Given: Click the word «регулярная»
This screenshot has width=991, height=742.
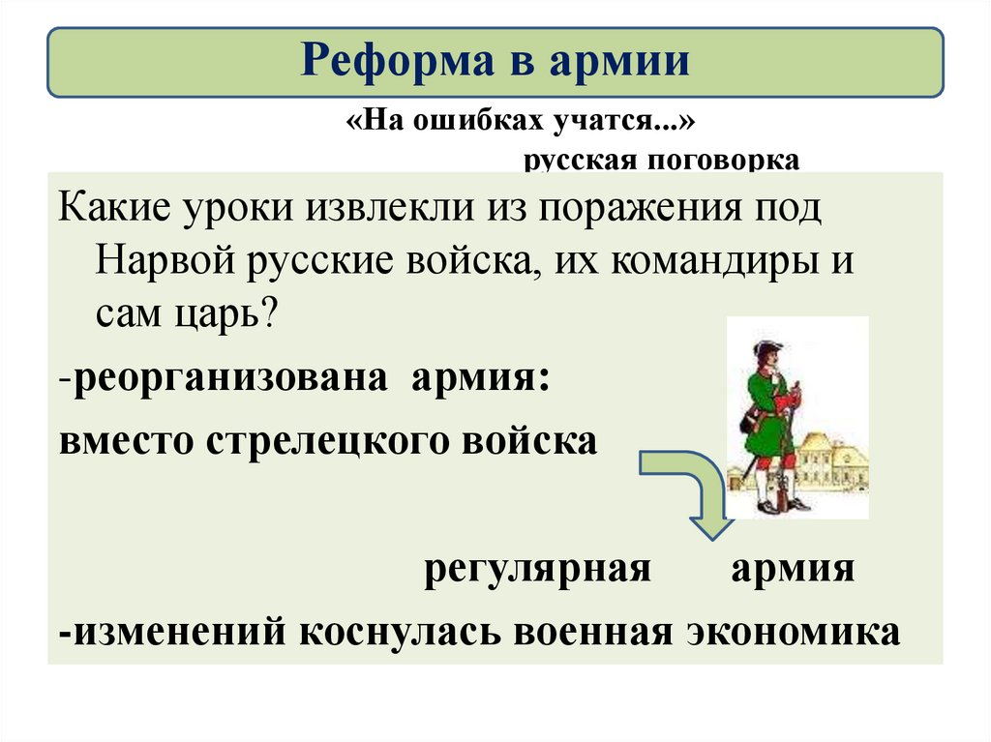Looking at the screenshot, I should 537,568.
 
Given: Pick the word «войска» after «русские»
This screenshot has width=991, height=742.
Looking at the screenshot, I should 483,263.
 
